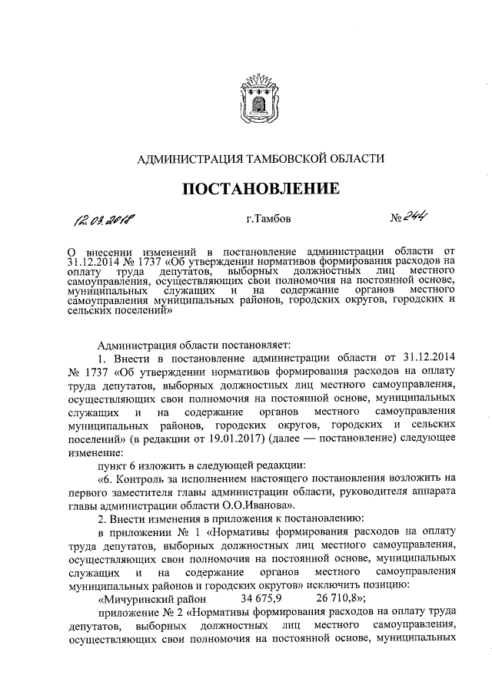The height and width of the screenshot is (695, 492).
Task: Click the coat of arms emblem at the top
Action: click(259, 97)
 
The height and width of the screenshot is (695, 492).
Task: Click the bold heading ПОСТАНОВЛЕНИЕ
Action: click(259, 188)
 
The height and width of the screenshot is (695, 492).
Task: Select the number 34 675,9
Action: click(263, 598)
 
